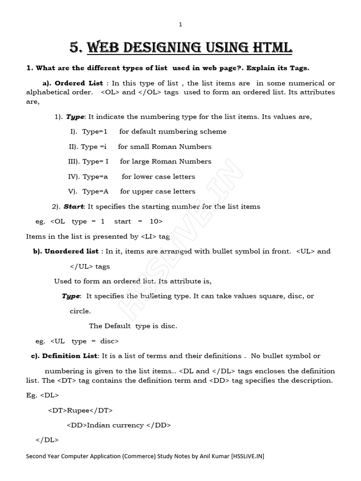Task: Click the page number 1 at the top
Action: [x=180, y=24]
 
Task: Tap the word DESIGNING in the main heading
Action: [x=150, y=47]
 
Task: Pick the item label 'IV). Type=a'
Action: [x=88, y=177]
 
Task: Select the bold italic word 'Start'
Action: [x=73, y=206]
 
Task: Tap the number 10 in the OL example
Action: [x=156, y=221]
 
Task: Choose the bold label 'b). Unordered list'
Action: [x=66, y=251]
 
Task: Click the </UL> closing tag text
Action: [x=81, y=266]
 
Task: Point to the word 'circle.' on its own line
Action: [x=80, y=311]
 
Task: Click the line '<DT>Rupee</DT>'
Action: [x=80, y=410]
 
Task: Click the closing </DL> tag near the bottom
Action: [x=47, y=440]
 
